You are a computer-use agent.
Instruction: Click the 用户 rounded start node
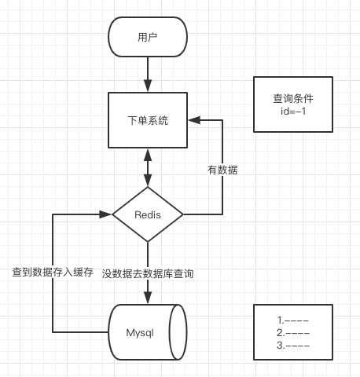tap(147, 38)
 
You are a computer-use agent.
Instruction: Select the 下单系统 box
tap(147, 120)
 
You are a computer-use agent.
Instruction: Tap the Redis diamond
tap(147, 214)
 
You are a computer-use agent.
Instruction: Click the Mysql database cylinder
tap(147, 331)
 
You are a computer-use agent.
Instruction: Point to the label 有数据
tap(222, 170)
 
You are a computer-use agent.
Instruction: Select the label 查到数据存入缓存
tap(53, 273)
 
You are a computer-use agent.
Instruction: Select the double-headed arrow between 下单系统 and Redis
tap(147, 167)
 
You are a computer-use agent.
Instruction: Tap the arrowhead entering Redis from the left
tap(106, 214)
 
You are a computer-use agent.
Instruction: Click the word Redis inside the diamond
tap(147, 214)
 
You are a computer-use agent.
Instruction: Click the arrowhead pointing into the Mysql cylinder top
tap(147, 298)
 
